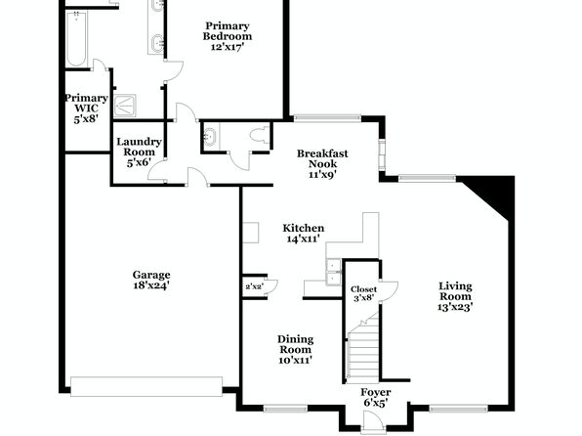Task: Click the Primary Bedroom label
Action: (228, 36)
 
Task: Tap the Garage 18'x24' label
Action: (151, 280)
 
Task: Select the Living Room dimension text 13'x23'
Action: (455, 307)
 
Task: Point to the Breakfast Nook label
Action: (322, 164)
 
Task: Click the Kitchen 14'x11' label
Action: (304, 233)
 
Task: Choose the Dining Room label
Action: (296, 349)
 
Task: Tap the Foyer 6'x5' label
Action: (376, 397)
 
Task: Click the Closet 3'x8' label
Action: (363, 293)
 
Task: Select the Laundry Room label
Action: (139, 153)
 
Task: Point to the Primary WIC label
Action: (87, 109)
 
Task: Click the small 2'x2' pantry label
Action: (254, 286)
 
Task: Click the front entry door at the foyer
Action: (372, 423)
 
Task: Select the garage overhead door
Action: (146, 386)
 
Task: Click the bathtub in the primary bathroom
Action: (77, 39)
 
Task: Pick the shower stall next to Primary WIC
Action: (125, 106)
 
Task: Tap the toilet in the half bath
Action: (259, 135)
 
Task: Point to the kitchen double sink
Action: (333, 272)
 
